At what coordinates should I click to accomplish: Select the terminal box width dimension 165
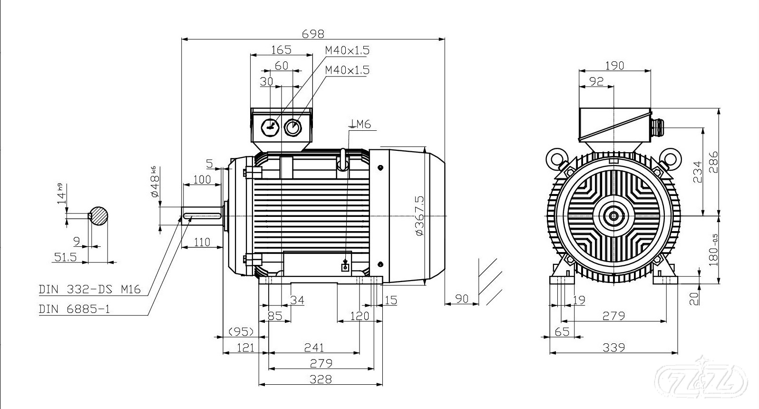point(281,49)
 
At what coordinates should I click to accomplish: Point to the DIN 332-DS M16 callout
point(90,289)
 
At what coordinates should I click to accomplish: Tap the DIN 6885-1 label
point(74,309)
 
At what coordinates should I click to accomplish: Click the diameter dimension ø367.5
point(419,215)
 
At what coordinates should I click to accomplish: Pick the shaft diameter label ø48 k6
point(155,183)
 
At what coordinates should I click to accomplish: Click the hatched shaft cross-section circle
point(99,216)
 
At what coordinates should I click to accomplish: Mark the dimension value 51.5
point(65,257)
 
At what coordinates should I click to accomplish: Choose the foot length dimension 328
point(321,379)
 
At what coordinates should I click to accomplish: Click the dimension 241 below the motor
point(314,348)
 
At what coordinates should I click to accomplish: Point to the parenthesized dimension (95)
point(241,331)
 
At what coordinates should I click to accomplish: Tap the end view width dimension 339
point(613,348)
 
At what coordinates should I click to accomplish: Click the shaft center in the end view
point(614,216)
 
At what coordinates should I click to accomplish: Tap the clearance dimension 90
point(462,299)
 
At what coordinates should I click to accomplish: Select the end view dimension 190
point(614,66)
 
